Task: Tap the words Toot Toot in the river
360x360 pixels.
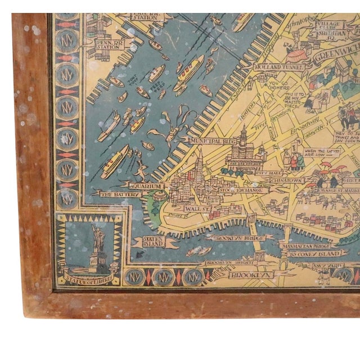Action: [132, 81]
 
